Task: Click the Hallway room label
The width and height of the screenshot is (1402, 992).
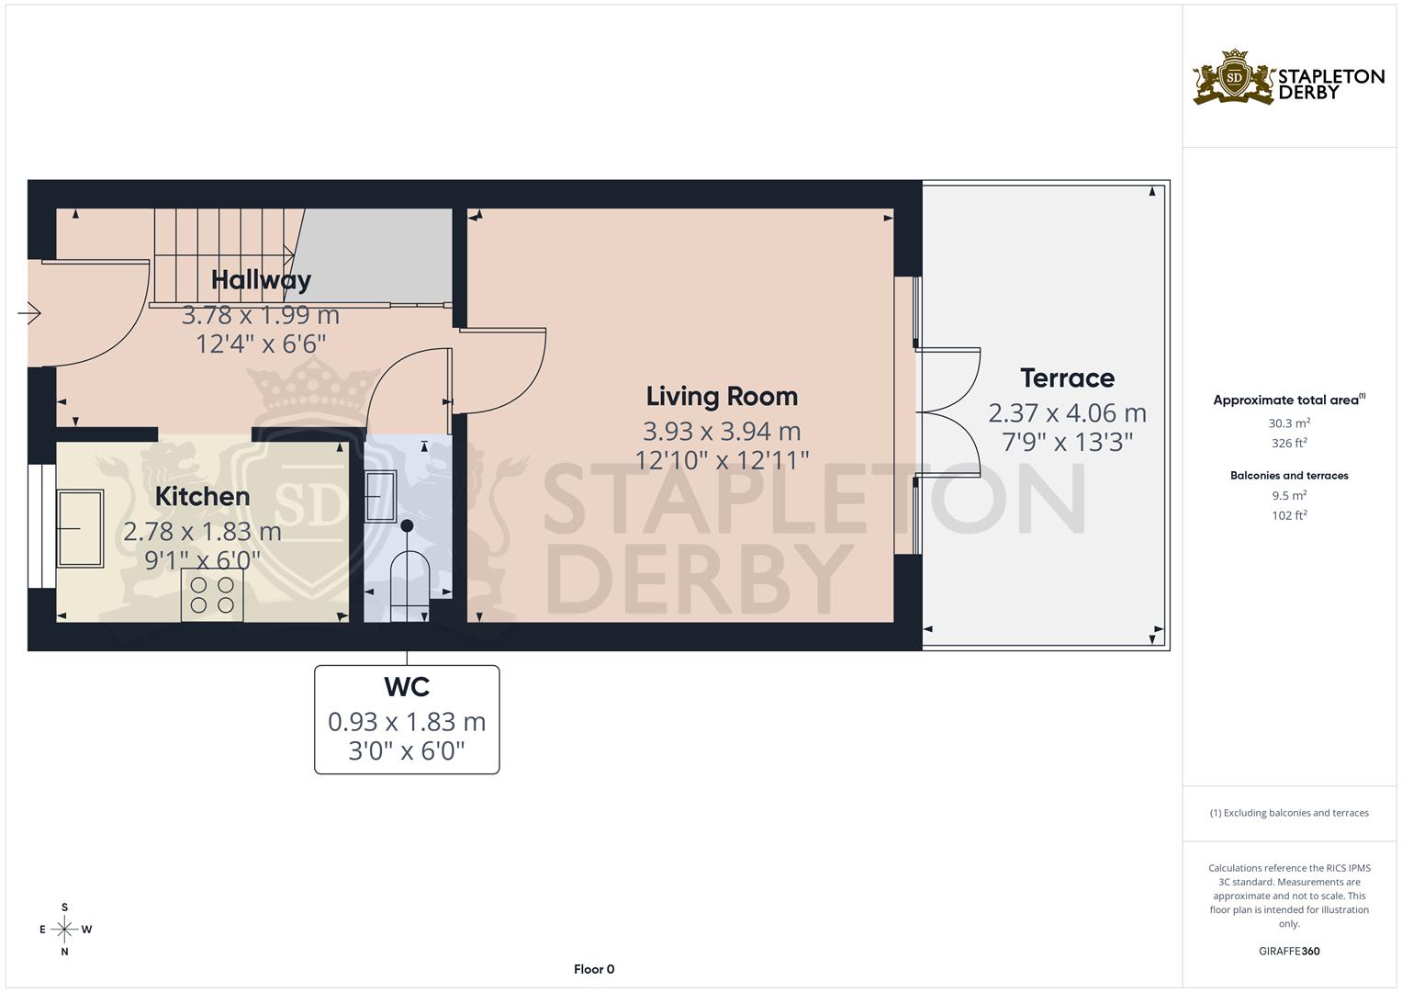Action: click(261, 280)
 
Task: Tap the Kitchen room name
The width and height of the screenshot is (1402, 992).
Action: click(202, 497)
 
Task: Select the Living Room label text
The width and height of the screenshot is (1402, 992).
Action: click(722, 397)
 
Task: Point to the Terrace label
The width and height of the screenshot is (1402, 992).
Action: click(1067, 378)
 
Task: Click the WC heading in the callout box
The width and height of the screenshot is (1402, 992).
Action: click(407, 687)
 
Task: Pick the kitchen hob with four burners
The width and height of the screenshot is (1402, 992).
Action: click(212, 594)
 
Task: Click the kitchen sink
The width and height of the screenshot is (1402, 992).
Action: click(80, 528)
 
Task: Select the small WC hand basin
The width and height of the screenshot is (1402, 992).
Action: click(380, 496)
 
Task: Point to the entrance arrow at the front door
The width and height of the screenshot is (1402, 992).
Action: click(29, 314)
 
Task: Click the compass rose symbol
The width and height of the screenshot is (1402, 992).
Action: click(64, 930)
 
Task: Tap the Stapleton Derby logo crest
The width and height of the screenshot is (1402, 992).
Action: click(1235, 77)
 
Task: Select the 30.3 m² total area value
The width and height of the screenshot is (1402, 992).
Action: click(1288, 423)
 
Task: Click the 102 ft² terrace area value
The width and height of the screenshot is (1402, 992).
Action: click(1288, 515)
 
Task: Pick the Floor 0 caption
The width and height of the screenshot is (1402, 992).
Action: click(594, 969)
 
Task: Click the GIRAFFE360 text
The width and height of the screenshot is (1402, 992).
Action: click(1288, 952)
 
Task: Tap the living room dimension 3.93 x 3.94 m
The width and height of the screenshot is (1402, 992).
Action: click(722, 431)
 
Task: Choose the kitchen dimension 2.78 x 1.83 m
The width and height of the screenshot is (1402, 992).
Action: click(202, 532)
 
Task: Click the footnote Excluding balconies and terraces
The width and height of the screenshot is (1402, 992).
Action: click(1288, 813)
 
